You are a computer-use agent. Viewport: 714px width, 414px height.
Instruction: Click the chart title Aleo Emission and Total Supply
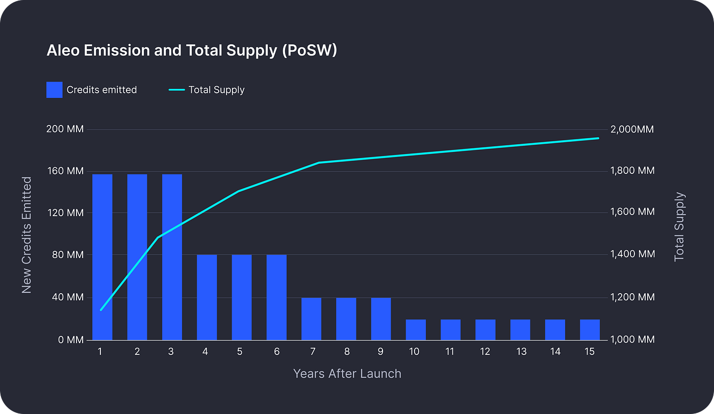[192, 51]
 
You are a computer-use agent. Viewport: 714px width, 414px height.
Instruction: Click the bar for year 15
[590, 329]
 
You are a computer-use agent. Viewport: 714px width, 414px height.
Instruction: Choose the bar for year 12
[485, 329]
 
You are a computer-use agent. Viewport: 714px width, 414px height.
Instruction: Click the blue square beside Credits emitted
[55, 90]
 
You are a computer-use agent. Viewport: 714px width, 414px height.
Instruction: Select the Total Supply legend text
[216, 90]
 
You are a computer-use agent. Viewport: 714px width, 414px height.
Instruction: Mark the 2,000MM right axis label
[631, 130]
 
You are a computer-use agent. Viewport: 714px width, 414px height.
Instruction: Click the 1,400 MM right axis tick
[632, 254]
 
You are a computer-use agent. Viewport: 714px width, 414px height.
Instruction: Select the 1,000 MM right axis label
[632, 340]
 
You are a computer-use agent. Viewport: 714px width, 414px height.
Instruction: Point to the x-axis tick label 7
[312, 352]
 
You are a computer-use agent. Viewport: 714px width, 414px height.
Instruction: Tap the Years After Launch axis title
[347, 374]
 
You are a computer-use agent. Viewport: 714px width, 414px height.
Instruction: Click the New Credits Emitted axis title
[27, 235]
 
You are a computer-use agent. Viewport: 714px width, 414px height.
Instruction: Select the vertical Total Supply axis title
[679, 227]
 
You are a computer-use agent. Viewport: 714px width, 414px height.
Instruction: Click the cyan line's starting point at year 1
[101, 309]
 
